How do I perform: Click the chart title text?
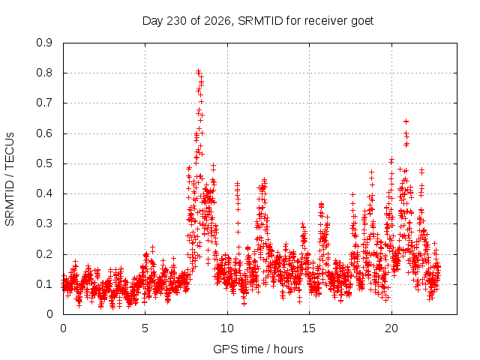click(258, 21)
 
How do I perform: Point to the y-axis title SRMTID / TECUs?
click(10, 179)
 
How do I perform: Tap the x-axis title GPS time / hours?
click(258, 349)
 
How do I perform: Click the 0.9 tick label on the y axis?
click(44, 43)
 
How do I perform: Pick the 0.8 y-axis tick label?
click(44, 73)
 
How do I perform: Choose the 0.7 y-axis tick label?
click(44, 103)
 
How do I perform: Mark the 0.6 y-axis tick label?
click(44, 133)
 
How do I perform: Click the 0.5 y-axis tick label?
click(44, 163)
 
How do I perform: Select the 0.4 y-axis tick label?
click(44, 193)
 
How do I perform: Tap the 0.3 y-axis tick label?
click(44, 223)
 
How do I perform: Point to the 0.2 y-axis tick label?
click(44, 254)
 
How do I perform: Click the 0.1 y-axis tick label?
click(44, 284)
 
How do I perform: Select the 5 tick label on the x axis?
click(145, 328)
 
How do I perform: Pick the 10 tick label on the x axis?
click(227, 328)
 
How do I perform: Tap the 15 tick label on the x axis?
click(309, 328)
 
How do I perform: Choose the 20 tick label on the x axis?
click(391, 328)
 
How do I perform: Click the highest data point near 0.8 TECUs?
click(198, 71)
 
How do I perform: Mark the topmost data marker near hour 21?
click(406, 121)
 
